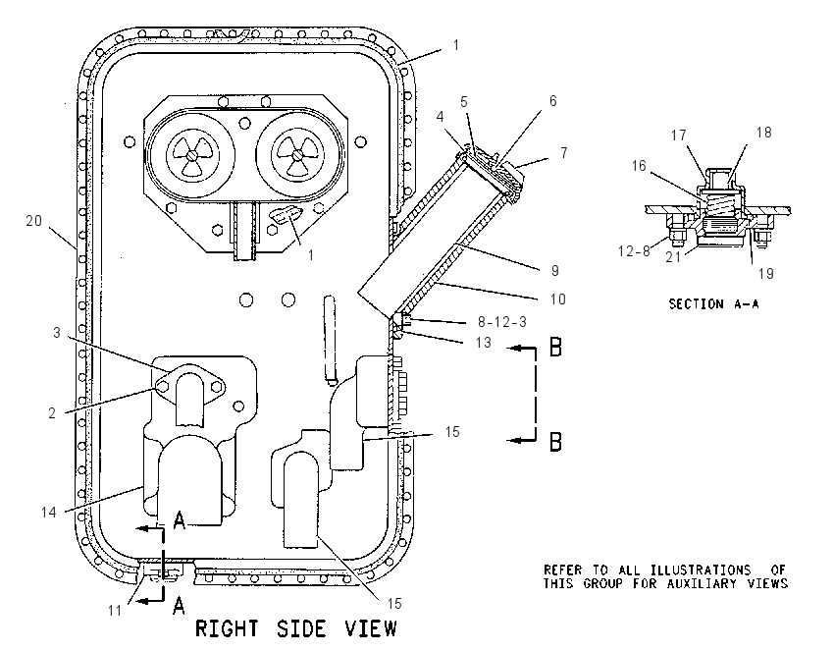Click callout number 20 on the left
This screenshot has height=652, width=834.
(33, 220)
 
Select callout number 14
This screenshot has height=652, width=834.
(48, 512)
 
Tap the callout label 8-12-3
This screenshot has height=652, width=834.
(502, 322)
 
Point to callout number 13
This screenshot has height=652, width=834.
(483, 343)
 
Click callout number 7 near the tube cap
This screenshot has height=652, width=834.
(564, 153)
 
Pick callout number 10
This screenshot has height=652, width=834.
(557, 299)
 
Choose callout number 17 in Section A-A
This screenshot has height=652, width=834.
(679, 136)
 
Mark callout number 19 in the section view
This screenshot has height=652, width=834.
(765, 274)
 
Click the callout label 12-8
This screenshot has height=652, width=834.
(634, 250)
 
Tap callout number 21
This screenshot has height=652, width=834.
(673, 257)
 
